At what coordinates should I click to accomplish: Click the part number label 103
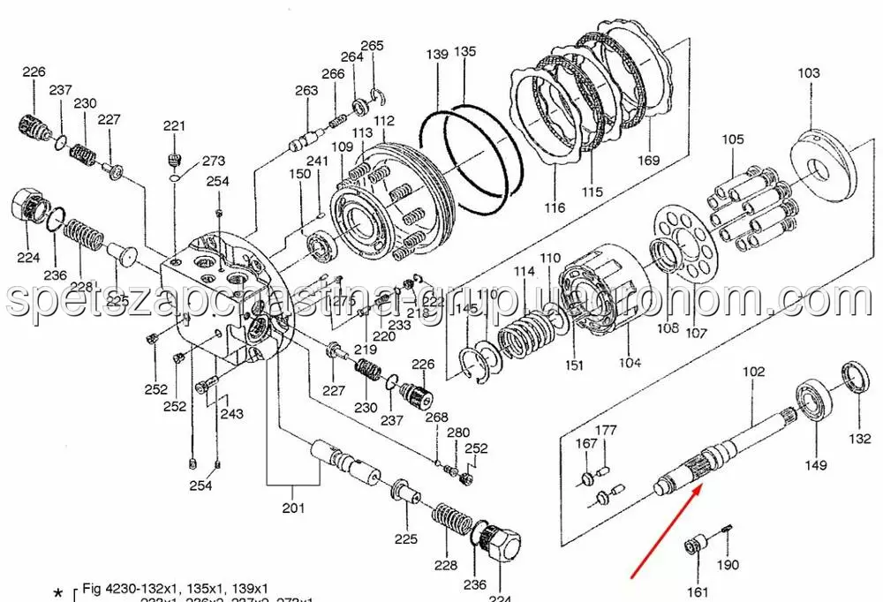[x=808, y=73]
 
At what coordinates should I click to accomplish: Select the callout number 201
[x=293, y=508]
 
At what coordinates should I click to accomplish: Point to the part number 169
[x=649, y=160]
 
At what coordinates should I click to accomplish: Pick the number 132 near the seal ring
[x=859, y=439]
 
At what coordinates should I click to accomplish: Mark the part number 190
[x=727, y=566]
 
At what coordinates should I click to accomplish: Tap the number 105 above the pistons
[x=732, y=139]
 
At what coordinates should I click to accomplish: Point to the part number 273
[x=214, y=162]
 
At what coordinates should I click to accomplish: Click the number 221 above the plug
[x=174, y=126]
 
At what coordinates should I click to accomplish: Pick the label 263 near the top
[x=306, y=91]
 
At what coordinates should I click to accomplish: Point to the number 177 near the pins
[x=605, y=431]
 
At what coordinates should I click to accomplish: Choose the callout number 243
[x=231, y=414]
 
